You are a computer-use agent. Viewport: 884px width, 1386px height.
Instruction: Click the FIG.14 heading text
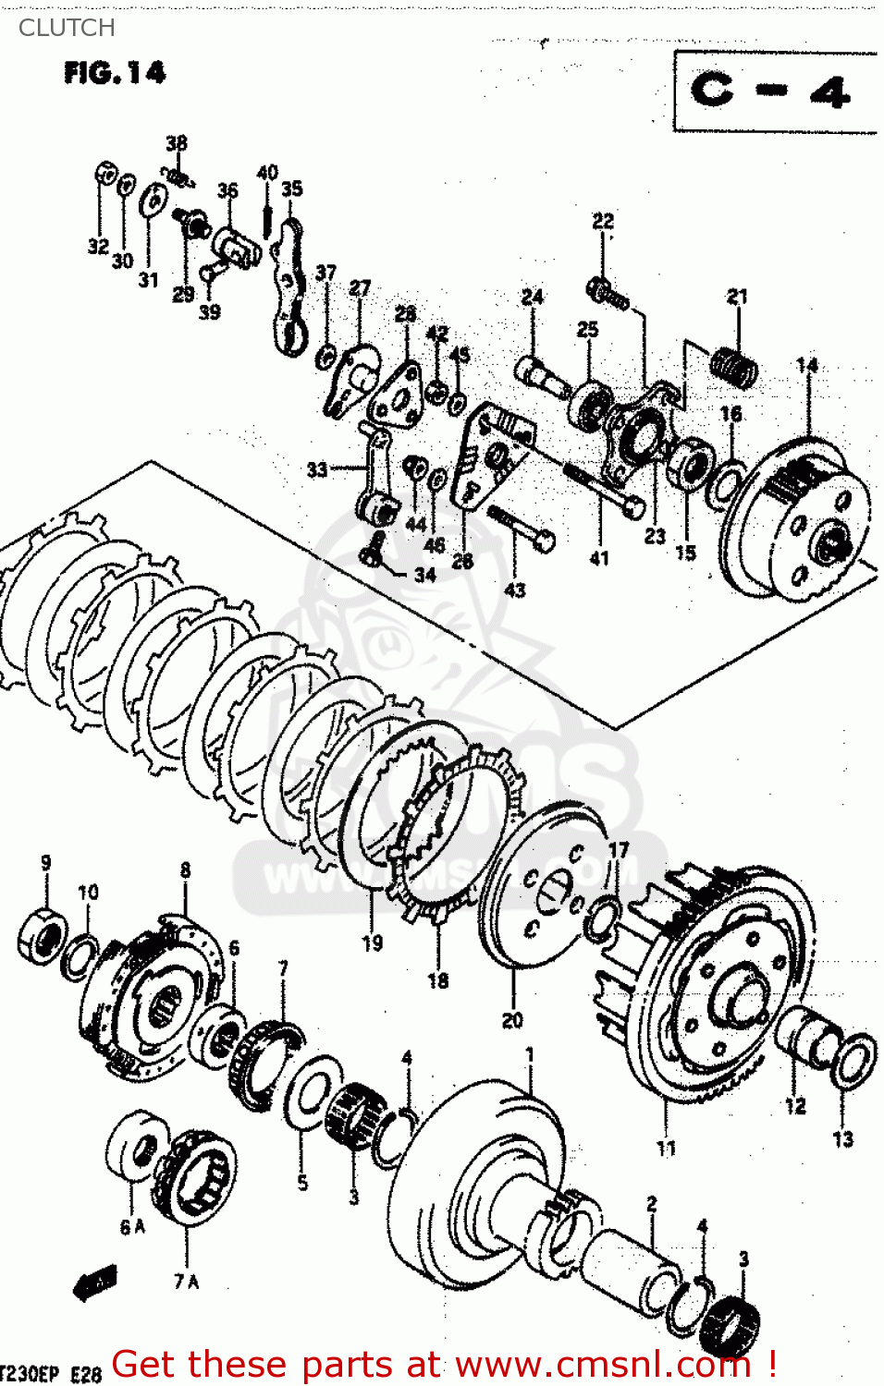[115, 73]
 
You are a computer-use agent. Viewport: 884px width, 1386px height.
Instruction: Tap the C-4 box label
[770, 91]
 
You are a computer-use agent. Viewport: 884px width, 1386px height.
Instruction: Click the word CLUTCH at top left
[67, 28]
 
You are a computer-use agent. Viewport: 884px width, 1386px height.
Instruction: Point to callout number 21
[736, 297]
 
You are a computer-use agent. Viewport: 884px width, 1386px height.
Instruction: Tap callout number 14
[806, 365]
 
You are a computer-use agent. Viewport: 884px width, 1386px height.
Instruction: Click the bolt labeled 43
[522, 527]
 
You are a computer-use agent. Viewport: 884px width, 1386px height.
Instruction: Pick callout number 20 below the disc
[512, 1020]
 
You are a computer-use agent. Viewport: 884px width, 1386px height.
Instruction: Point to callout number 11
[666, 1148]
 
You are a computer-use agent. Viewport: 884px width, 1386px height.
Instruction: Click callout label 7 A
[186, 1282]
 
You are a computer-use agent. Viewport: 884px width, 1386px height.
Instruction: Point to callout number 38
[176, 143]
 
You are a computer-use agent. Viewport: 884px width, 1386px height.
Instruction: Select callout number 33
[317, 469]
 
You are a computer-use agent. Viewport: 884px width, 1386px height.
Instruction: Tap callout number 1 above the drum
[530, 1054]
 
